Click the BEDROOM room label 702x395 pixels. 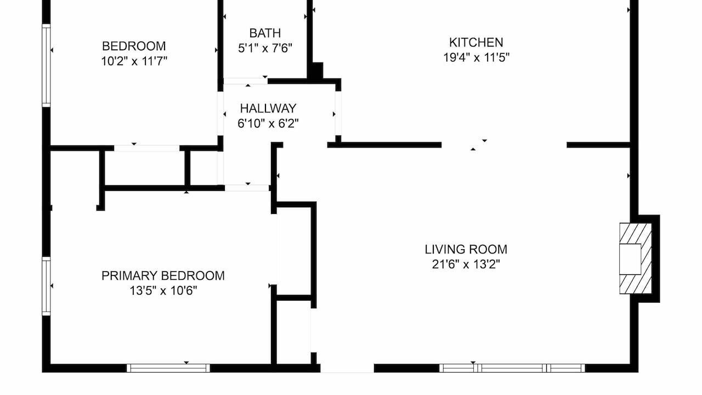pyautogui.click(x=134, y=46)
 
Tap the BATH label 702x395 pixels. pyautogui.click(x=265, y=33)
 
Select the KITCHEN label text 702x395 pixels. pyautogui.click(x=476, y=42)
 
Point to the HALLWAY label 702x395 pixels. pyautogui.click(x=268, y=109)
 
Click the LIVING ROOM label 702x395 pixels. pyautogui.click(x=466, y=250)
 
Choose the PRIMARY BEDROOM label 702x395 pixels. pyautogui.click(x=163, y=276)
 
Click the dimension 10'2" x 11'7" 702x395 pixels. pyautogui.click(x=134, y=61)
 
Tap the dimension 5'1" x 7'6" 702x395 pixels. pyautogui.click(x=265, y=48)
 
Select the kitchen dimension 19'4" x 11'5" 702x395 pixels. pyautogui.click(x=476, y=58)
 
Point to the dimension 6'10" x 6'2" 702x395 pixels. pyautogui.click(x=268, y=123)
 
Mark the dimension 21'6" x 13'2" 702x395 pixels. pyautogui.click(x=466, y=264)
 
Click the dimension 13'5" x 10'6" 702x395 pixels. pyautogui.click(x=163, y=291)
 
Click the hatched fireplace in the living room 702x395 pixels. pyautogui.click(x=636, y=258)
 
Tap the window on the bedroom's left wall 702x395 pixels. pyautogui.click(x=47, y=65)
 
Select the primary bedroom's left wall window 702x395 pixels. pyautogui.click(x=47, y=286)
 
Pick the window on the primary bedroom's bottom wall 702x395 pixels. pyautogui.click(x=168, y=368)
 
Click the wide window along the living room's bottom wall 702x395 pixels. pyautogui.click(x=512, y=368)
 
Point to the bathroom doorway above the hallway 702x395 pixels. pyautogui.click(x=245, y=81)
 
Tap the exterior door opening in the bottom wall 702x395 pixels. pyautogui.click(x=347, y=369)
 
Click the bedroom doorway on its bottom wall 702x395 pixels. pyautogui.click(x=146, y=148)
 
